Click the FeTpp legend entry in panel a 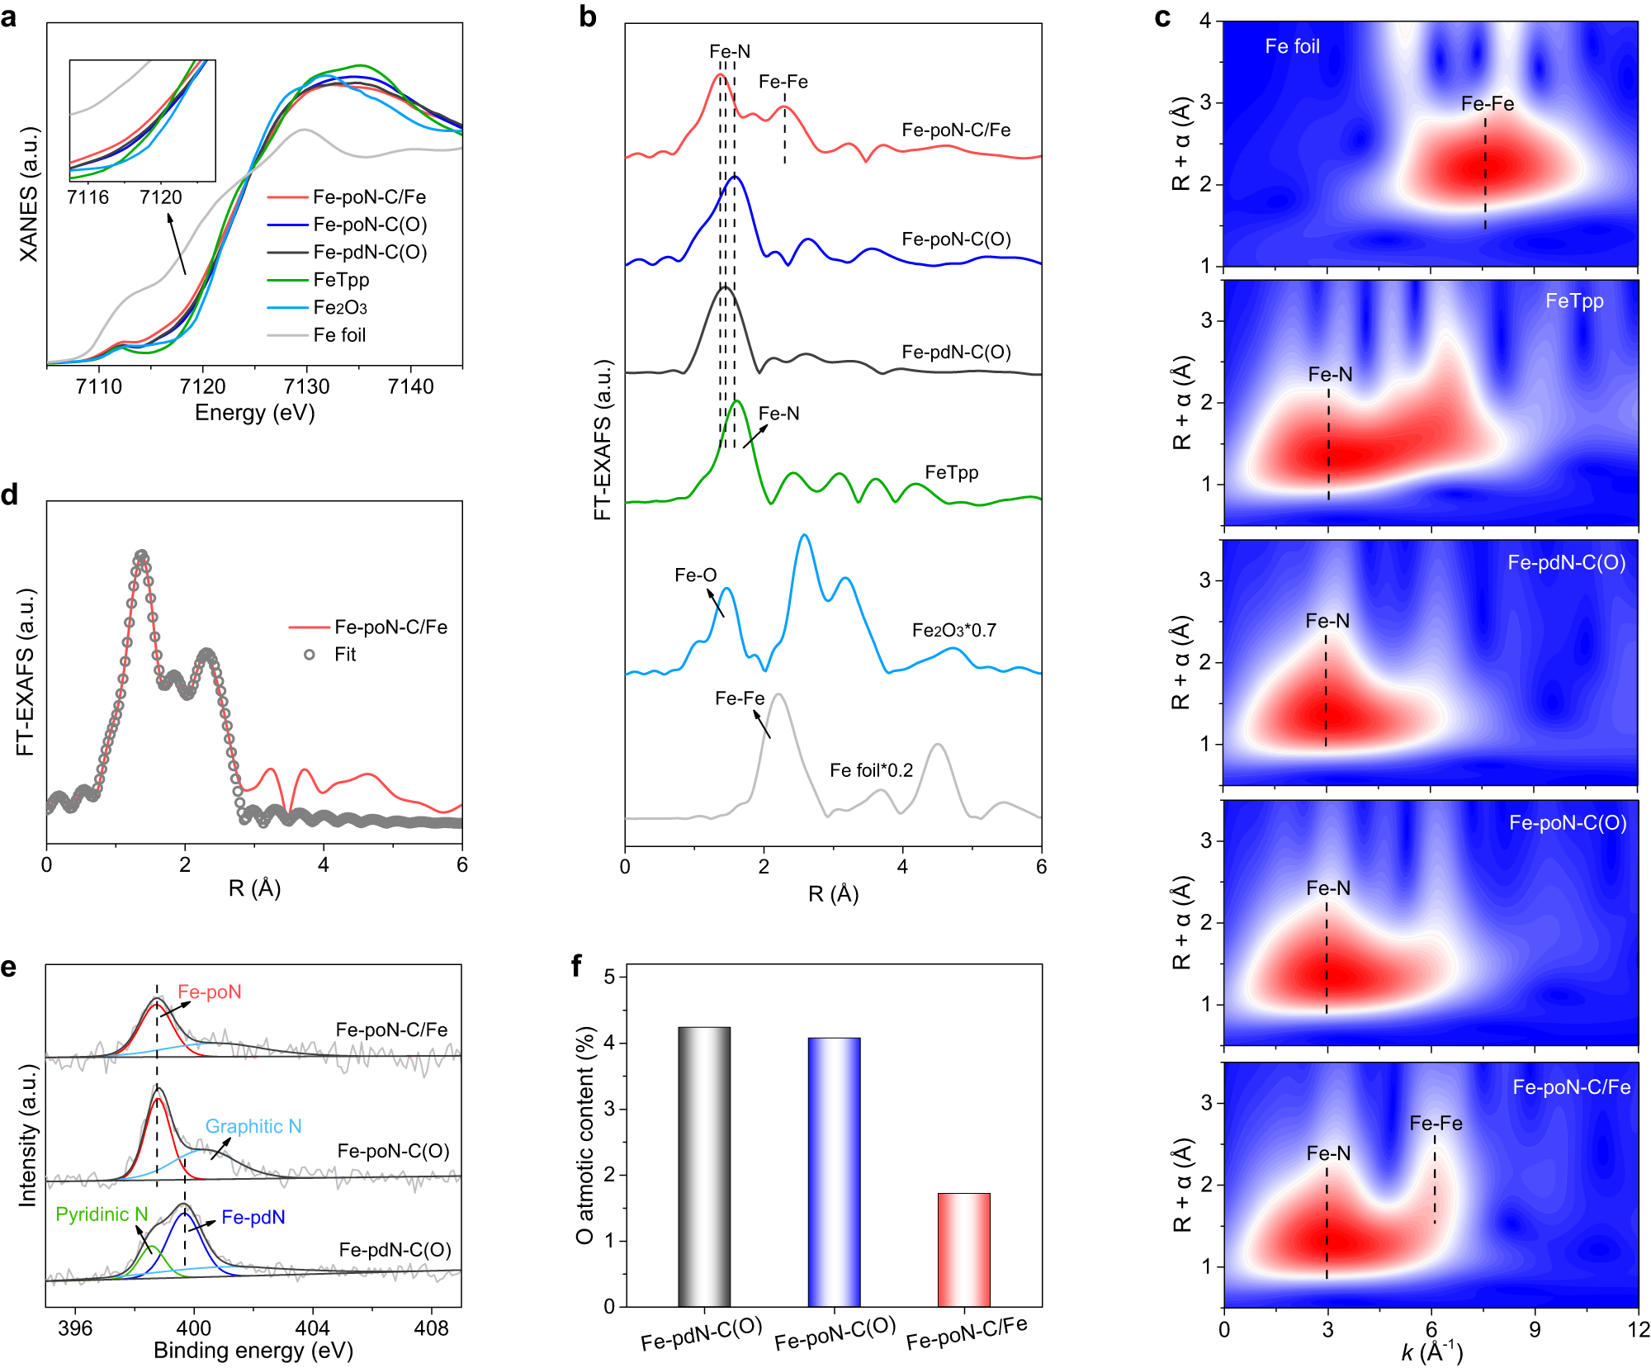click(341, 280)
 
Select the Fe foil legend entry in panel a click(339, 335)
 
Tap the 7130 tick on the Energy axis click(306, 386)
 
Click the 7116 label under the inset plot click(88, 197)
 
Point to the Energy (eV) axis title click(254, 413)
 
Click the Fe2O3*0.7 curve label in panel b click(953, 631)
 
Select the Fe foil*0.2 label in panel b click(871, 770)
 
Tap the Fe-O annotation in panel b click(695, 575)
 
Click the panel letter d click(10, 495)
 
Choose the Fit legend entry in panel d click(344, 655)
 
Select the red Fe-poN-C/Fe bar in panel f click(963, 1249)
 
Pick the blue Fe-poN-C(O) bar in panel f click(834, 1172)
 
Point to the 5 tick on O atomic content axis click(610, 977)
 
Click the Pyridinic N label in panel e click(102, 1214)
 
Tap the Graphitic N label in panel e click(253, 1127)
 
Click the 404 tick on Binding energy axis click(312, 1328)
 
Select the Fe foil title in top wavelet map click(1292, 47)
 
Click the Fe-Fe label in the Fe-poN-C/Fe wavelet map click(1436, 1124)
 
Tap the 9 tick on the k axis click(1535, 1329)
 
